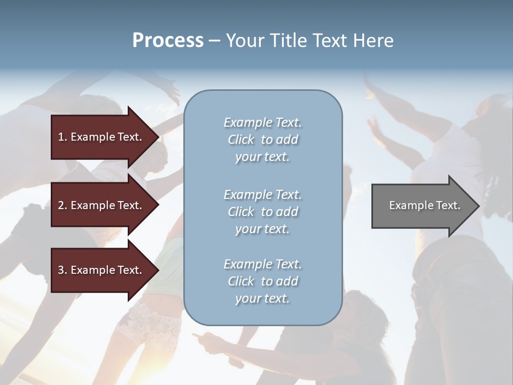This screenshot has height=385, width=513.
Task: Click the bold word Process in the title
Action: tap(168, 41)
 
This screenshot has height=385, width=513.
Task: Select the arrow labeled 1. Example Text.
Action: tap(102, 137)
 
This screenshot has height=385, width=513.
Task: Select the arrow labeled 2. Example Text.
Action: tap(102, 205)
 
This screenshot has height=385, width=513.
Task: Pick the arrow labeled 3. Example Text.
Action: tap(102, 270)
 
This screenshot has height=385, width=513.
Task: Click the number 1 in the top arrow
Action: tap(61, 137)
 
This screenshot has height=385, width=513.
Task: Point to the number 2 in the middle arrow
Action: tap(61, 205)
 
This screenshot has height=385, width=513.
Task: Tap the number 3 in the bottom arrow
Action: tap(61, 270)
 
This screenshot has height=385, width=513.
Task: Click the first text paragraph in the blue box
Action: tap(262, 140)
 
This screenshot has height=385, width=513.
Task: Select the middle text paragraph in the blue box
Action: tap(262, 212)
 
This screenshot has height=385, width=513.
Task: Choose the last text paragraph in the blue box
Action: tap(262, 281)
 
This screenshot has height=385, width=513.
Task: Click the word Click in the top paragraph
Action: tap(241, 140)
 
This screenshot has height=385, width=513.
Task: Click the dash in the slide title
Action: tap(215, 41)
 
